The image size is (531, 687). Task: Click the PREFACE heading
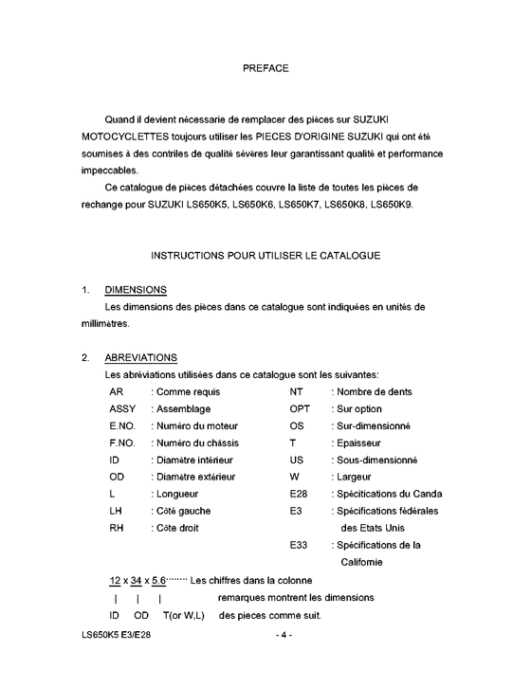click(x=265, y=67)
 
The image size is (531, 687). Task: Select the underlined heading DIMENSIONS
click(x=137, y=289)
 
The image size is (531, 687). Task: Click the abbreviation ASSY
click(x=123, y=408)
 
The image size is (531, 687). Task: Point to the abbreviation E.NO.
click(x=123, y=425)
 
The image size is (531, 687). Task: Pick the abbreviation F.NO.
click(x=123, y=443)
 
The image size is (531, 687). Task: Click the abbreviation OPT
click(x=301, y=408)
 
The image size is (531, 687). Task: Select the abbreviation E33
click(x=299, y=545)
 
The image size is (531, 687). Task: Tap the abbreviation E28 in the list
click(x=299, y=494)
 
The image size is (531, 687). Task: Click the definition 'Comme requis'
click(x=187, y=391)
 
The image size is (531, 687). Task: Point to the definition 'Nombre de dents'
click(x=372, y=391)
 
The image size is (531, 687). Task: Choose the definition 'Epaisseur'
click(x=356, y=443)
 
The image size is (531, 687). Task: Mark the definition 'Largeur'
click(x=351, y=477)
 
